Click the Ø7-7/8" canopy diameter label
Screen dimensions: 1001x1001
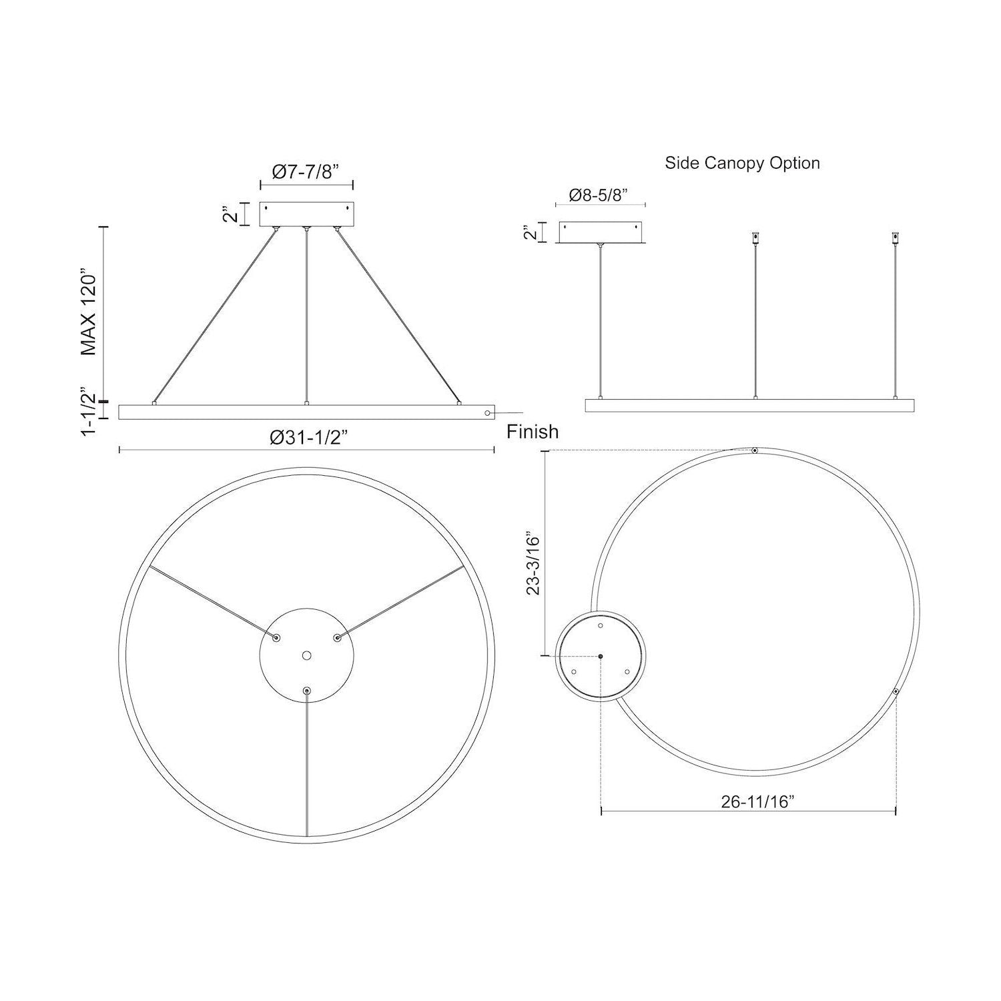pyautogui.click(x=306, y=172)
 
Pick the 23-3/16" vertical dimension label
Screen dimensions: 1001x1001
pyautogui.click(x=534, y=563)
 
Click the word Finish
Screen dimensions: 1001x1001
pyautogui.click(x=533, y=432)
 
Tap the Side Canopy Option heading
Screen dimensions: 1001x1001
pyautogui.click(x=742, y=163)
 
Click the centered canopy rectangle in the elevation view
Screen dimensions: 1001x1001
pyautogui.click(x=306, y=214)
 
